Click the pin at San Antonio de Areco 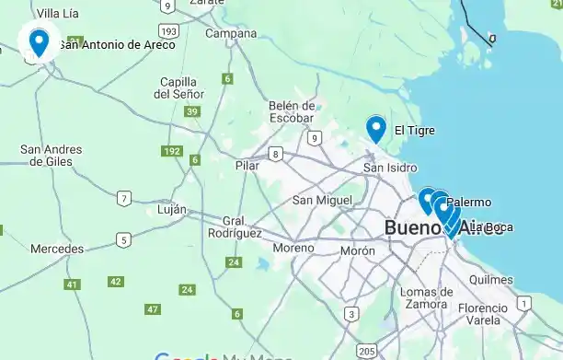pyautogui.click(x=39, y=41)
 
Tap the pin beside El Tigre pyautogui.click(x=375, y=128)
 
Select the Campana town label pyautogui.click(x=231, y=34)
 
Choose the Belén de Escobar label pyautogui.click(x=293, y=111)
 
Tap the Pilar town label pyautogui.click(x=247, y=166)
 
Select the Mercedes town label pyautogui.click(x=57, y=249)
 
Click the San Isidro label pyautogui.click(x=390, y=168)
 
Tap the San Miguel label pyautogui.click(x=322, y=200)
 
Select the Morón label pyautogui.click(x=358, y=250)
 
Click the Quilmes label pyautogui.click(x=490, y=279)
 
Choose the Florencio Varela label pyautogui.click(x=482, y=314)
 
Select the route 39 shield pyautogui.click(x=192, y=111)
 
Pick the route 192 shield pyautogui.click(x=171, y=151)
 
